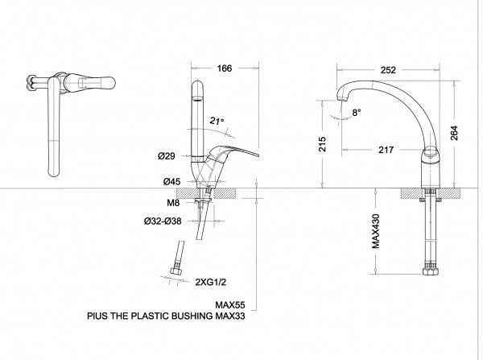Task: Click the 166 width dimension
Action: pos(225,69)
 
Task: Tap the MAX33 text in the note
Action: pos(230,317)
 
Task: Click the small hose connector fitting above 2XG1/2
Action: pos(175,270)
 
